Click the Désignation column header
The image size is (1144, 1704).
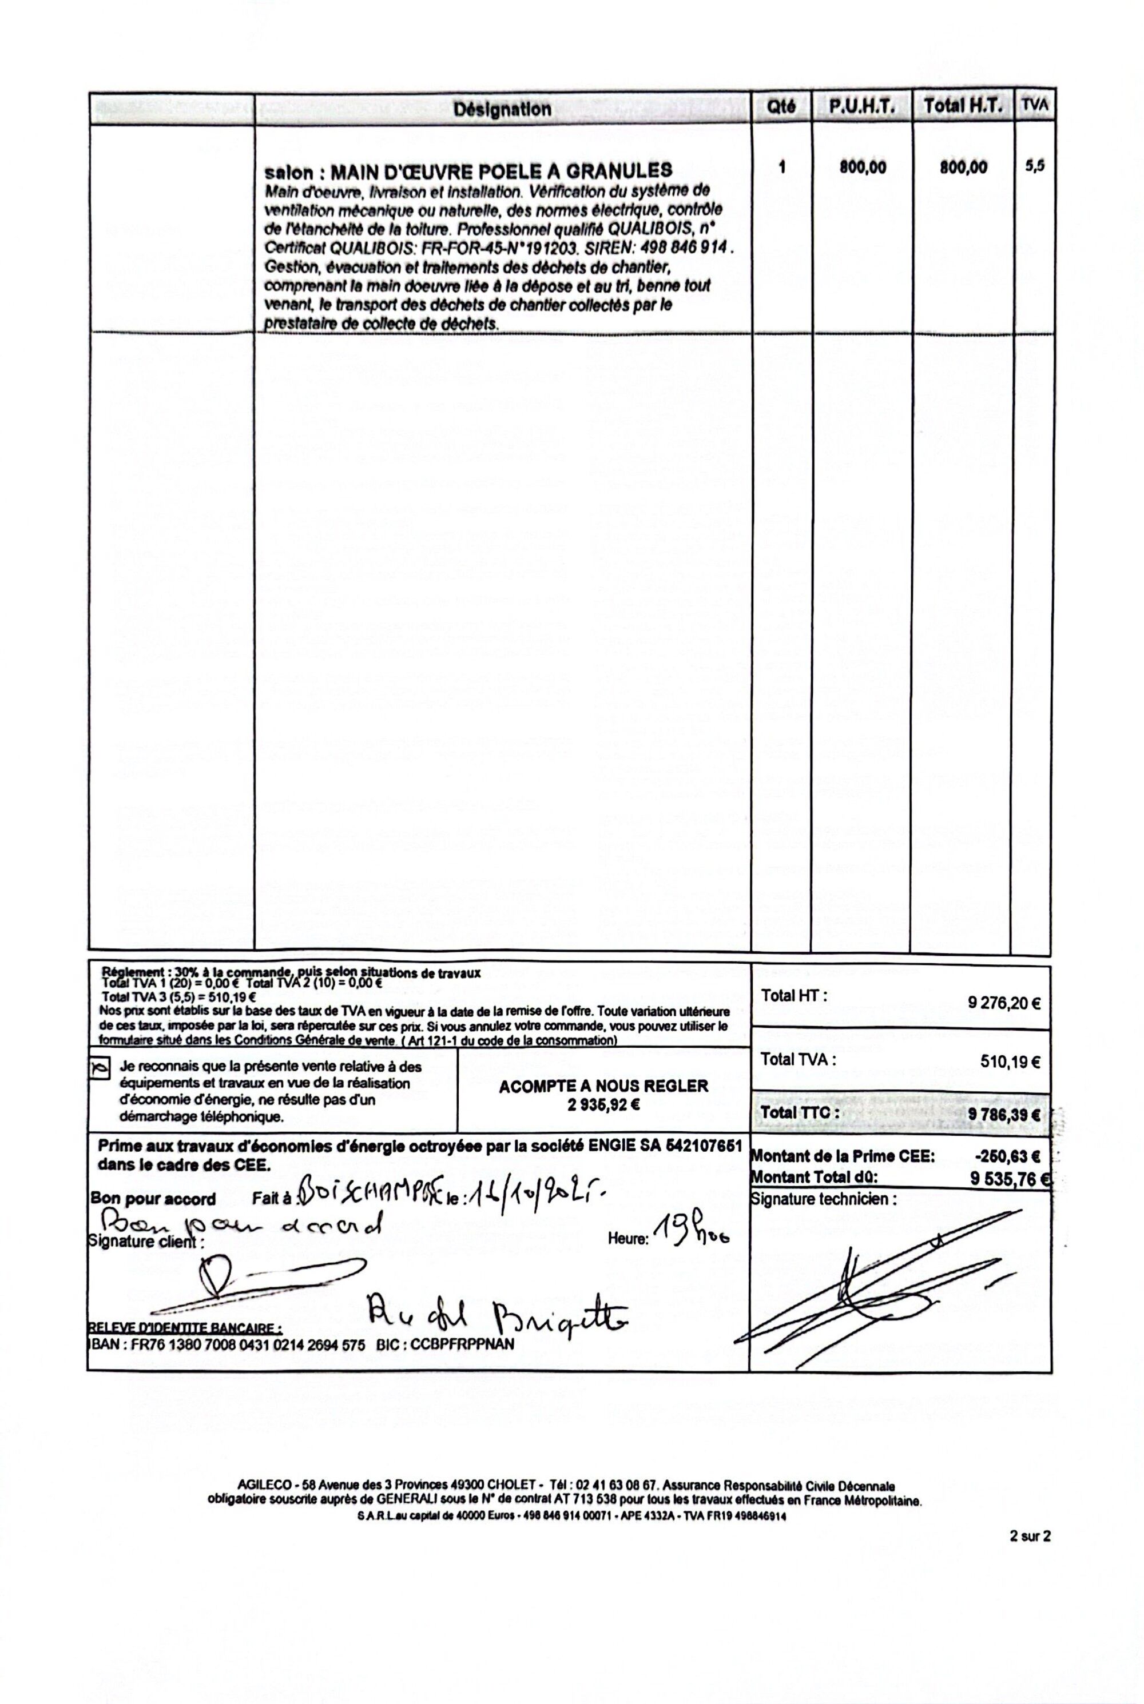502,109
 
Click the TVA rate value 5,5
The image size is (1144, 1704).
1034,166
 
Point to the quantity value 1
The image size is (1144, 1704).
782,167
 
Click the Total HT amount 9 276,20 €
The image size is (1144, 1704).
1003,1003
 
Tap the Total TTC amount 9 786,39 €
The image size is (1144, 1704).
1003,1115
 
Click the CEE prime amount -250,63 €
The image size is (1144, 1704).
1006,1156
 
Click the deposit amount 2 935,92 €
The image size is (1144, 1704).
603,1104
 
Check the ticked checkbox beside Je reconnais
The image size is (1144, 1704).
99,1068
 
